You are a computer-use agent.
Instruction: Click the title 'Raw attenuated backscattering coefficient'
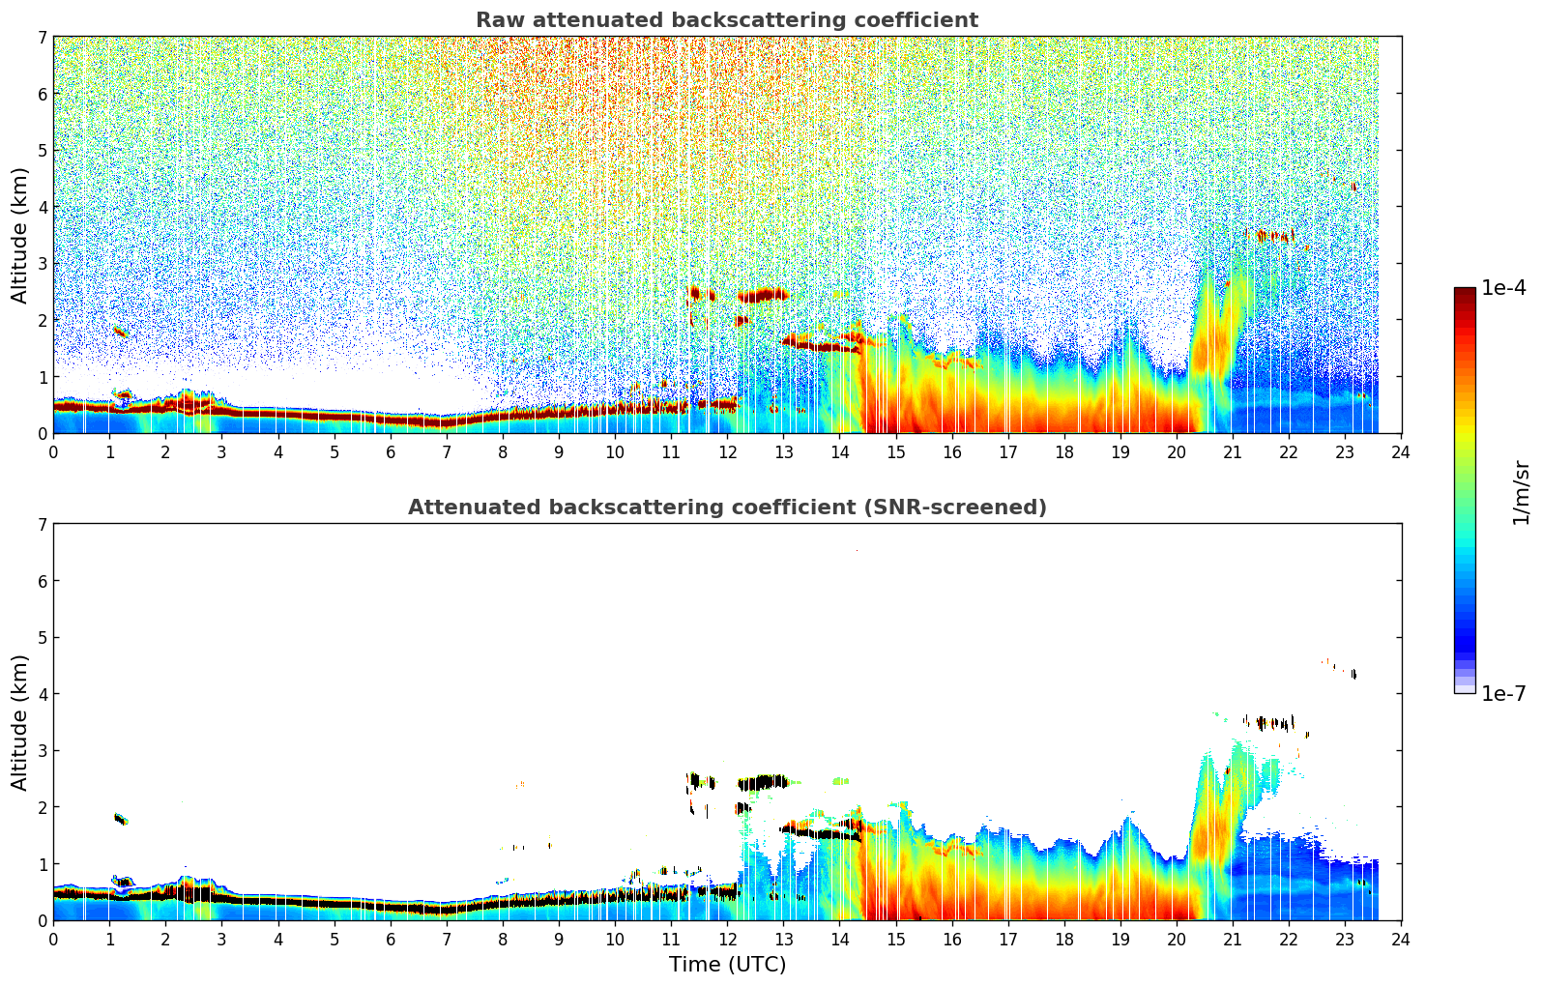pyautogui.click(x=726, y=20)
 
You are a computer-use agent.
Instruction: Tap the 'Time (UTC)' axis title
pyautogui.click(x=727, y=965)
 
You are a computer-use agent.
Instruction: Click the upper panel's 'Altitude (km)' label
pyautogui.click(x=19, y=235)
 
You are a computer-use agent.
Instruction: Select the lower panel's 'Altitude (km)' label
pyautogui.click(x=19, y=722)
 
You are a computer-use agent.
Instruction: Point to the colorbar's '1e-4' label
pyautogui.click(x=1504, y=288)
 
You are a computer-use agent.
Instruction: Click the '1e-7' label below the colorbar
pyautogui.click(x=1504, y=693)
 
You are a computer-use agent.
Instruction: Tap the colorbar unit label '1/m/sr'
pyautogui.click(x=1521, y=493)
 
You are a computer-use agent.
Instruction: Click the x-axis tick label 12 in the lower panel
pyautogui.click(x=727, y=939)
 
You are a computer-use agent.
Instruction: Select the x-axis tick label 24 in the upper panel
pyautogui.click(x=1401, y=451)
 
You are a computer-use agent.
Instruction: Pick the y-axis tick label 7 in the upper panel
pyautogui.click(x=43, y=38)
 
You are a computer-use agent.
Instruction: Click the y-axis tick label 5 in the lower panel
pyautogui.click(x=43, y=638)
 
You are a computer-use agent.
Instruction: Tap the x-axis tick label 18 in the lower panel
pyautogui.click(x=1063, y=939)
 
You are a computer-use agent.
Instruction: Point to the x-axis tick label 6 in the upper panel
pyautogui.click(x=391, y=451)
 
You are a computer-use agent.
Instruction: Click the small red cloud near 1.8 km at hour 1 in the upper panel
pyautogui.click(x=120, y=333)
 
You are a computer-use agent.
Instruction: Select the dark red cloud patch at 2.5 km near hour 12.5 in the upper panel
pyautogui.click(x=762, y=295)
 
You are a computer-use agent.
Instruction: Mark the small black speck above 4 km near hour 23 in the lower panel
pyautogui.click(x=1353, y=674)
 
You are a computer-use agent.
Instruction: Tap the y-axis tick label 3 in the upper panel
pyautogui.click(x=43, y=264)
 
